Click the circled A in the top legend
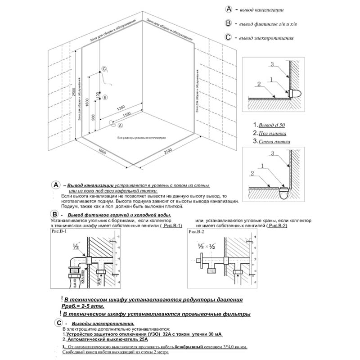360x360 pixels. (x=229, y=9)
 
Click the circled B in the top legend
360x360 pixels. (x=229, y=23)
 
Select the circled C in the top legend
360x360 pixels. (x=229, y=38)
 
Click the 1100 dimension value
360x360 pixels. (x=126, y=115)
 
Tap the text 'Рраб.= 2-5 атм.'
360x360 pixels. (x=81, y=306)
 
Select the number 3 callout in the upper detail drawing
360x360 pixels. (x=272, y=65)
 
